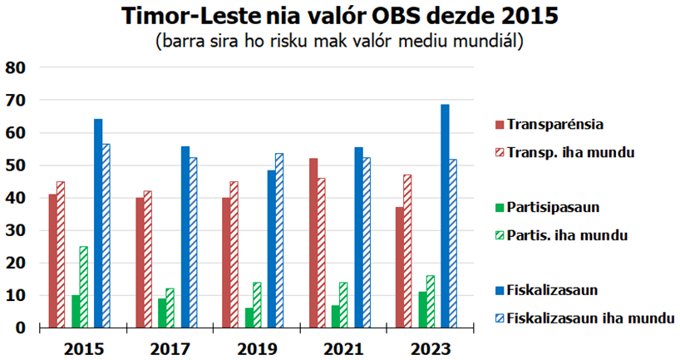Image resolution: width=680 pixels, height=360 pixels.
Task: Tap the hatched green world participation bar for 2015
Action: click(x=84, y=287)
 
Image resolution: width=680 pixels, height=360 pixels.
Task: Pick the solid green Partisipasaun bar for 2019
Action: click(x=249, y=318)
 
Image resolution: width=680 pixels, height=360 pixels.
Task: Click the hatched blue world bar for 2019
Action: click(x=279, y=240)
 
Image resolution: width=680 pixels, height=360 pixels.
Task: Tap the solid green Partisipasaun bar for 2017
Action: click(x=161, y=313)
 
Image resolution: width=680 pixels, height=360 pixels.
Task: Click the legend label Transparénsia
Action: click(x=555, y=125)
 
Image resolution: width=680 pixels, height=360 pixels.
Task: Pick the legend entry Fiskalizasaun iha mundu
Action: click(x=591, y=318)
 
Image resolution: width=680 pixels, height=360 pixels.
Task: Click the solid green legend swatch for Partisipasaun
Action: click(x=500, y=205)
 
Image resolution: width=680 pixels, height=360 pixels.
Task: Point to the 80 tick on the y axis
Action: click(x=16, y=67)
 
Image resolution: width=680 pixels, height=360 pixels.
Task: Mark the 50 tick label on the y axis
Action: click(x=16, y=165)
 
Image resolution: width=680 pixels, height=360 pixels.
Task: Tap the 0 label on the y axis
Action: click(x=22, y=328)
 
